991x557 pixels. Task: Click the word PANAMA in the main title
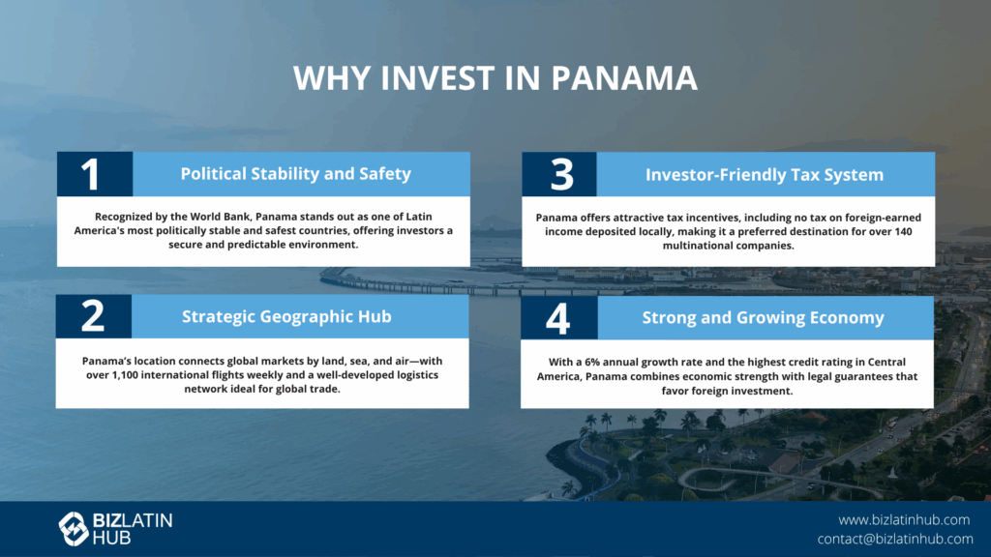click(624, 77)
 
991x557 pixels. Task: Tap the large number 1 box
click(95, 174)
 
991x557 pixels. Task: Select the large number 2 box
click(94, 316)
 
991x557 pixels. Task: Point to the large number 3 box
click(559, 174)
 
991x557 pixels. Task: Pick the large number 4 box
click(559, 317)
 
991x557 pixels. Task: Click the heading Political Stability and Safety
click(296, 174)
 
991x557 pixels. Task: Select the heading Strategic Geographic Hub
click(286, 316)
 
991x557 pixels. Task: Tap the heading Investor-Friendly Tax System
click(765, 175)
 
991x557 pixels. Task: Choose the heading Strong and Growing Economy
click(763, 317)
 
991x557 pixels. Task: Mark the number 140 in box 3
click(904, 231)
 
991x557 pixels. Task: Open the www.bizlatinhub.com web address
click(904, 519)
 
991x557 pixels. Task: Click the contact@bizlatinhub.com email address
click(895, 539)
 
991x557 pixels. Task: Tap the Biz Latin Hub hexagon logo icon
click(74, 529)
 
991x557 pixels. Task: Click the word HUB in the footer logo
click(112, 538)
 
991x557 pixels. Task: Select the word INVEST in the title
click(437, 77)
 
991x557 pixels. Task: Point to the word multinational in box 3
click(696, 245)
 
